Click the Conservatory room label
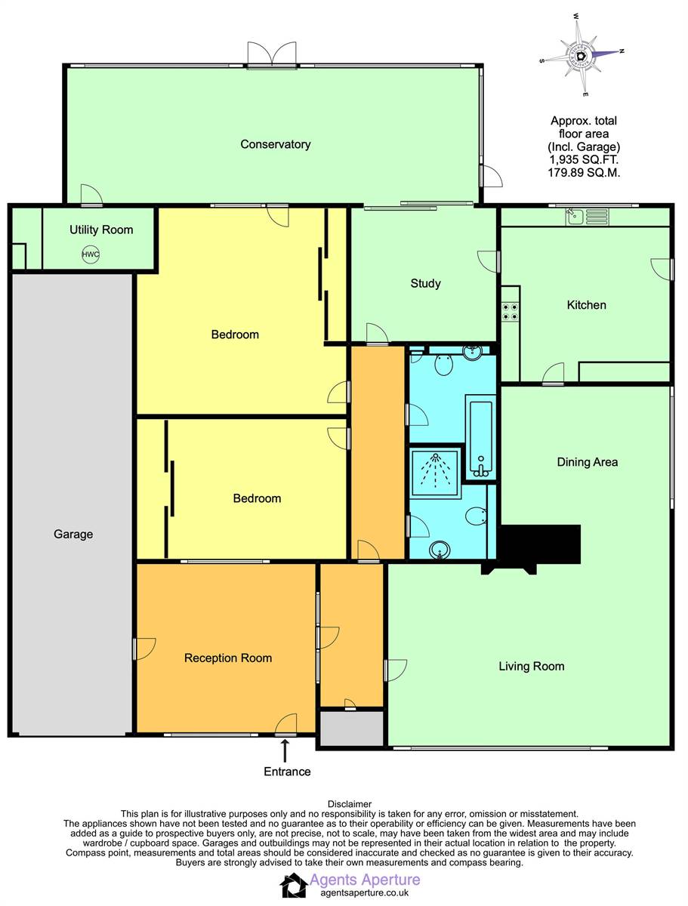(276, 144)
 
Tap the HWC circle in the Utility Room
(91, 254)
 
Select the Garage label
(73, 534)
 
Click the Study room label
(425, 283)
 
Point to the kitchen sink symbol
(587, 217)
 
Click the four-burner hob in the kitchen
(510, 312)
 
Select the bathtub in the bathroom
(480, 437)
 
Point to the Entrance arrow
(285, 750)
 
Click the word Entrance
(287, 771)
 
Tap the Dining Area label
(588, 462)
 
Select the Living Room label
(532, 666)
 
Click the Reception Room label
(228, 658)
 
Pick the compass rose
(582, 54)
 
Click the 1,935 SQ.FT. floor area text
(584, 160)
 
